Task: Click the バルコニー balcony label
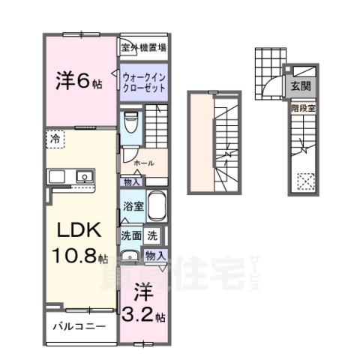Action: pos(79,327)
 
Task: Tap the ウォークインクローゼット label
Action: pos(144,80)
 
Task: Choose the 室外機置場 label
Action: pos(143,47)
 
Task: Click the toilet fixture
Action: pos(130,121)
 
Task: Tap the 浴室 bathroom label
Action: pos(133,205)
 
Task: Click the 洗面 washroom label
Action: pos(131,235)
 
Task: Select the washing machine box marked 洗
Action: pos(152,235)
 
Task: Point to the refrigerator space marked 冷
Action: pos(55,138)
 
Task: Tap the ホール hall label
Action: pos(142,163)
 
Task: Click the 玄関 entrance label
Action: pos(300,84)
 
